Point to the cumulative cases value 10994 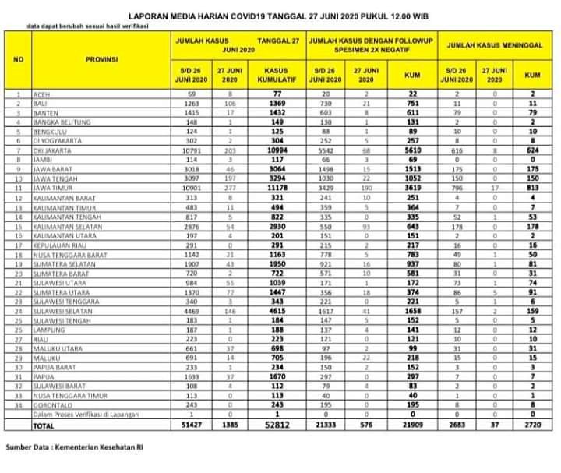tap(277, 150)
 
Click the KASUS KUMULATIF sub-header tap(277, 75)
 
